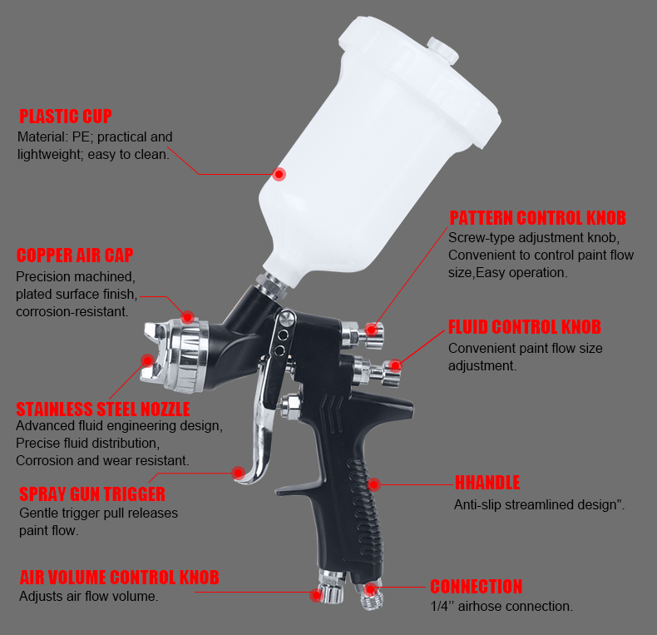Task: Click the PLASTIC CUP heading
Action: click(x=66, y=117)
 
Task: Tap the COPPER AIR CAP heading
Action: click(x=75, y=255)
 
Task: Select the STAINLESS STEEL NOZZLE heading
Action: click(x=103, y=409)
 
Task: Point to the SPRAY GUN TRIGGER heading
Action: click(x=92, y=494)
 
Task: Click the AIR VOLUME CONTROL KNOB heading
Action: click(x=120, y=577)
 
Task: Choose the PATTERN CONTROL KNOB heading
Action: click(x=537, y=218)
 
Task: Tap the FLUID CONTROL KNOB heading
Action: click(x=525, y=327)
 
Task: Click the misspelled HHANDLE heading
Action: click(x=487, y=483)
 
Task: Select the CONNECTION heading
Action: click(x=477, y=587)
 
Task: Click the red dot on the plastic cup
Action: click(x=279, y=174)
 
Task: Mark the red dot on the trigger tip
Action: click(x=238, y=473)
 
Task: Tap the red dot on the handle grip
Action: click(x=373, y=485)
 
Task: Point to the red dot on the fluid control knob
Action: click(x=395, y=365)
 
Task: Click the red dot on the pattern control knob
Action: click(x=371, y=330)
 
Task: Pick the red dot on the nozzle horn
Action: click(x=147, y=360)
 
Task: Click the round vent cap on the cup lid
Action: click(x=443, y=49)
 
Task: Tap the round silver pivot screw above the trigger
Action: click(x=287, y=319)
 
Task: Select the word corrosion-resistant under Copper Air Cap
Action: click(x=72, y=311)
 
